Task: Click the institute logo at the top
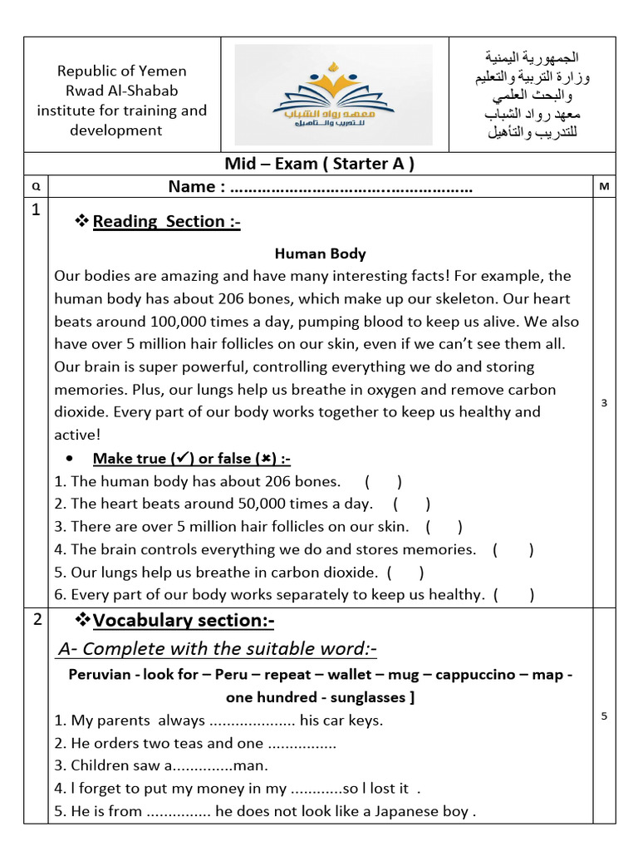(x=333, y=95)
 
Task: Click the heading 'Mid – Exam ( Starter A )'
(x=319, y=163)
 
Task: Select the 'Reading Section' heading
(x=166, y=221)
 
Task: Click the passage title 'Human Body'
(x=320, y=253)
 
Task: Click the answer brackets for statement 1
(x=383, y=481)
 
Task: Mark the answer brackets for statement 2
(x=411, y=504)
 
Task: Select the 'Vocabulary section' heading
(x=184, y=621)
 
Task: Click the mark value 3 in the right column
(x=604, y=403)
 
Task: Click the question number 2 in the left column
(x=36, y=618)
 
